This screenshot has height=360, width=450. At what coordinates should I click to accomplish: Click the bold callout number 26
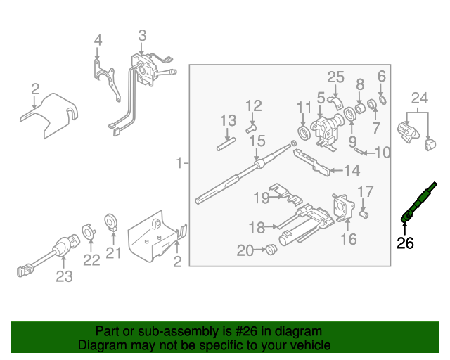(x=405, y=244)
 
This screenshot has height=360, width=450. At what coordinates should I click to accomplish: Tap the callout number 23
(x=64, y=277)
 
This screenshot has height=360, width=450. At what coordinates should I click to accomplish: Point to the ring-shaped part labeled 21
(x=111, y=222)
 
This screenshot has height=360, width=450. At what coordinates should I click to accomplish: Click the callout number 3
(x=142, y=34)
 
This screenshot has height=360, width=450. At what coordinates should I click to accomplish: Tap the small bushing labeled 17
(x=364, y=214)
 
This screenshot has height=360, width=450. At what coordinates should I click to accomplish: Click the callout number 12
(x=253, y=105)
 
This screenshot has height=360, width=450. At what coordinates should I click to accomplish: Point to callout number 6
(x=382, y=76)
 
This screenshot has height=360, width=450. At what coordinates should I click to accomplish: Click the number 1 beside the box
(x=180, y=163)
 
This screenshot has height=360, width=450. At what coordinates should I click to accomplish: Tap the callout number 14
(x=351, y=169)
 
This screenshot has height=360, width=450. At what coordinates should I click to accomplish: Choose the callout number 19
(x=261, y=198)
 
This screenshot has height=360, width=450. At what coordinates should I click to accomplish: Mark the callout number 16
(x=349, y=240)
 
